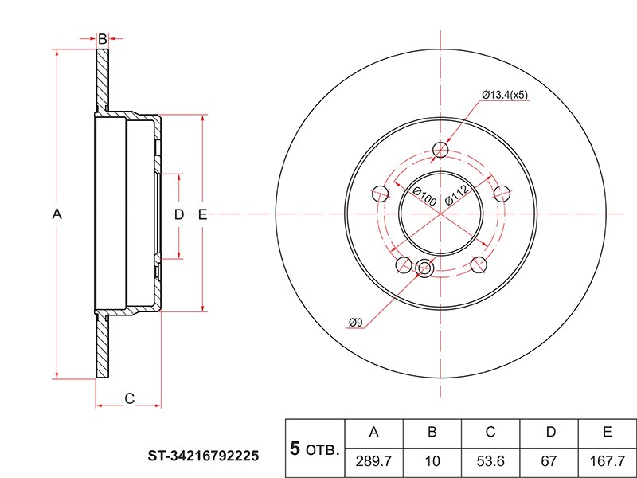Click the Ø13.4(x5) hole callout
pyautogui.click(x=506, y=95)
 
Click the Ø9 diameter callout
pyautogui.click(x=355, y=323)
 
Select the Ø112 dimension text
pyautogui.click(x=455, y=195)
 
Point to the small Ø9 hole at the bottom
pyautogui.click(x=424, y=269)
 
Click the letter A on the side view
pyautogui.click(x=57, y=214)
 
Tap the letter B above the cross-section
pyautogui.click(x=102, y=38)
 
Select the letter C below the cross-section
pyautogui.click(x=129, y=398)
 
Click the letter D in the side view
pyautogui.click(x=179, y=214)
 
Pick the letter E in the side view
pyautogui.click(x=202, y=214)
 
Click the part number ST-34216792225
pyautogui.click(x=203, y=456)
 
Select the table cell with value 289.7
pyautogui.click(x=373, y=460)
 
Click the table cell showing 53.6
pyautogui.click(x=490, y=460)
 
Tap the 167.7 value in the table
pyautogui.click(x=607, y=460)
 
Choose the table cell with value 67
pyautogui.click(x=549, y=460)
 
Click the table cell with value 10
pyautogui.click(x=432, y=460)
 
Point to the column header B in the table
pyautogui.click(x=432, y=432)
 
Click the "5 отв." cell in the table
pyautogui.click(x=315, y=447)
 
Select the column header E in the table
pyautogui.click(x=607, y=432)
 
